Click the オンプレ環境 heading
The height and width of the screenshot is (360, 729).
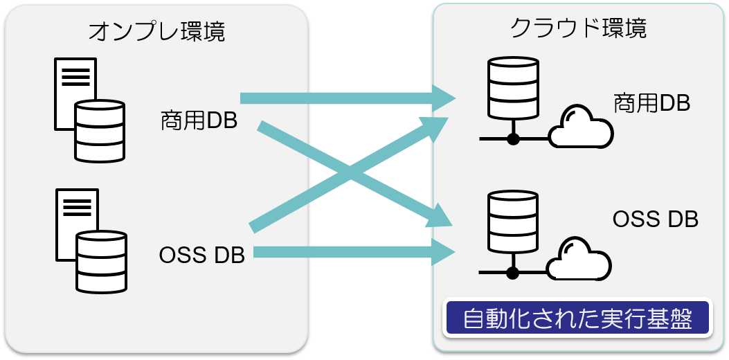click(156, 31)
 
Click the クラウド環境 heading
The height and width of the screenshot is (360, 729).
click(578, 28)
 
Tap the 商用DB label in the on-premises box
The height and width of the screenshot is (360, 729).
click(199, 120)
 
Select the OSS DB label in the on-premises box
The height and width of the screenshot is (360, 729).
click(202, 255)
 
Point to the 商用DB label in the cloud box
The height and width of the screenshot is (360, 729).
click(651, 104)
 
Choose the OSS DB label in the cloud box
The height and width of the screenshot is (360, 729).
click(655, 219)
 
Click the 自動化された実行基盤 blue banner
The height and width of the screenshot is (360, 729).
click(578, 319)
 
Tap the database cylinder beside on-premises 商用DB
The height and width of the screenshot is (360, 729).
click(100, 132)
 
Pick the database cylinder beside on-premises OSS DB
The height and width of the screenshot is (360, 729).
click(102, 262)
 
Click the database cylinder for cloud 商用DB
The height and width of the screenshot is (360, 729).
click(513, 88)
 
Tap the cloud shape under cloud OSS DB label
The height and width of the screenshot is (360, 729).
click(579, 260)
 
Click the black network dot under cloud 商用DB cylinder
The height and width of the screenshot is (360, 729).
click(513, 139)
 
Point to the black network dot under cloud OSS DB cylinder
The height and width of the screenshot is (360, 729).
click(513, 272)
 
